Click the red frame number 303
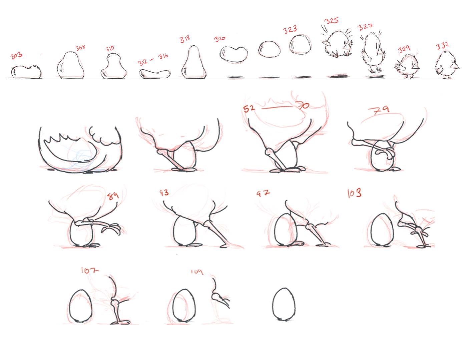[x=16, y=55]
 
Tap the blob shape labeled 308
[x=70, y=66]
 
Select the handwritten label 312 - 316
[x=153, y=59]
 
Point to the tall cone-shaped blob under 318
[x=194, y=63]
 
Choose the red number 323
[x=290, y=30]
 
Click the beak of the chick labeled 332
[x=454, y=65]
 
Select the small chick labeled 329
[x=408, y=66]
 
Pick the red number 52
[x=249, y=109]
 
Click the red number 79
[x=379, y=110]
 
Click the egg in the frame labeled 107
[x=80, y=306]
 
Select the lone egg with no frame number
[x=284, y=304]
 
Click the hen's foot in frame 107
[x=120, y=322]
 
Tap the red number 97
[x=263, y=193]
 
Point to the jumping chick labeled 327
[x=373, y=52]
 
